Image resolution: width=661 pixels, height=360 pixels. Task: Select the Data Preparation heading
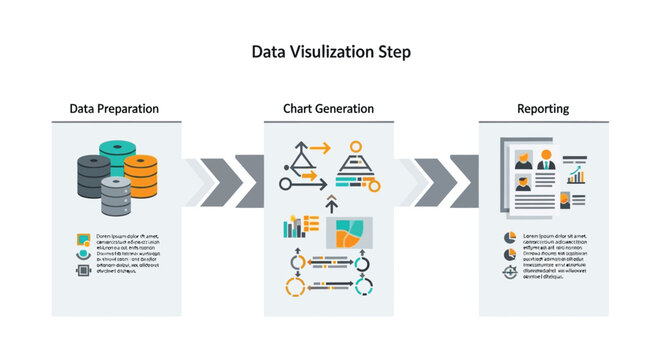(x=114, y=108)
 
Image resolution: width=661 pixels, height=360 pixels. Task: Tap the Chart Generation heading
(x=328, y=108)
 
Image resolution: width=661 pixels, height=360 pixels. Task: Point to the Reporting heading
(x=543, y=108)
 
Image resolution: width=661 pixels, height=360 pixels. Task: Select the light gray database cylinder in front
(x=117, y=196)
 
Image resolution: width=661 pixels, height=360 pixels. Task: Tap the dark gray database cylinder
(x=94, y=175)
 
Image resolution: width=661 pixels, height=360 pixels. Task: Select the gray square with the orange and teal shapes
(x=345, y=233)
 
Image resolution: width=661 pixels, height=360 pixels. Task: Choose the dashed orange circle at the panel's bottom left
(x=295, y=287)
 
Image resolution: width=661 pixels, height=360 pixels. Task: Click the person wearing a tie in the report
(x=546, y=159)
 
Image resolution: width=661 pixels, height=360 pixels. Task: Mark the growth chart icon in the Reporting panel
(x=576, y=176)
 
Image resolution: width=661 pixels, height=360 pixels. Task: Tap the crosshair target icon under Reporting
(x=509, y=271)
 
